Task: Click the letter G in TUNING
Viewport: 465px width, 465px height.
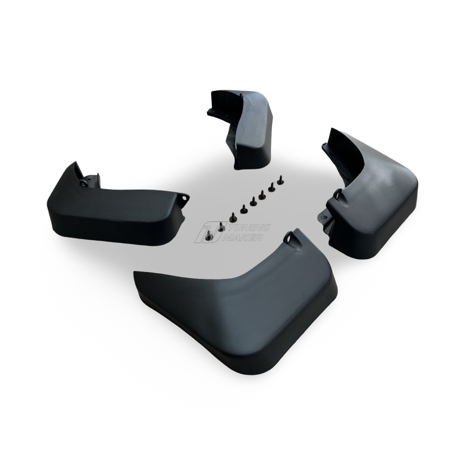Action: click(x=267, y=227)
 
